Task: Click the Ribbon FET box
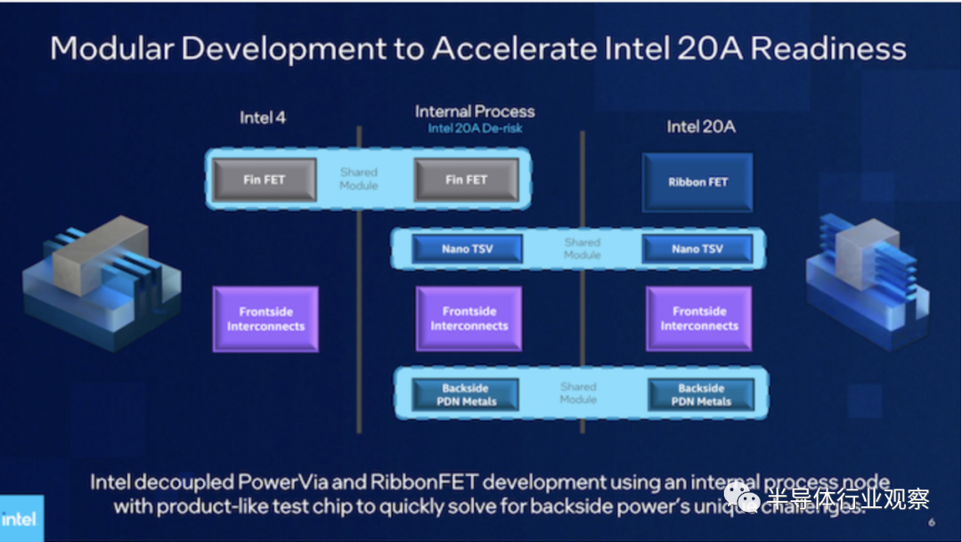[697, 182]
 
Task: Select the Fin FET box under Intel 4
[265, 180]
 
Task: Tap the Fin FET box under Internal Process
[467, 180]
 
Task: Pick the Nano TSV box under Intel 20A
[697, 249]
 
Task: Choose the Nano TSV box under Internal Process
[468, 249]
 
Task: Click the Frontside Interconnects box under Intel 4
[265, 319]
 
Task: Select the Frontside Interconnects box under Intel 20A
[699, 319]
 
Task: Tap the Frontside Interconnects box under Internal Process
[469, 319]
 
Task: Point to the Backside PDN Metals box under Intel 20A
[701, 394]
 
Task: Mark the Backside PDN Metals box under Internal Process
[467, 394]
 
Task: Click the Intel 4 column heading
[263, 117]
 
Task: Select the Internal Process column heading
[475, 111]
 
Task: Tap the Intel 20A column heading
[701, 126]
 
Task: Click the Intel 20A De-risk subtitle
[475, 128]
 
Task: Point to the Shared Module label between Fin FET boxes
[359, 178]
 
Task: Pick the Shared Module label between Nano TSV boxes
[583, 248]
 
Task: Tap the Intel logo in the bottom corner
[19, 518]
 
